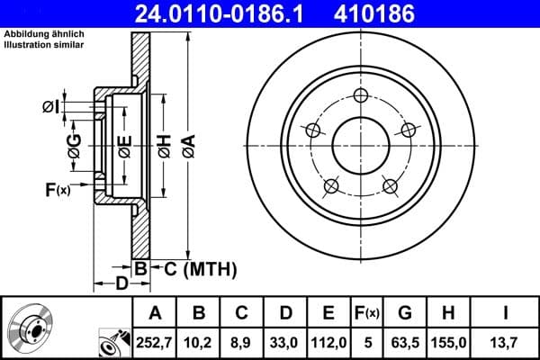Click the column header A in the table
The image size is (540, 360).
pos(155,312)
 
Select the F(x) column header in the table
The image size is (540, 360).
pos(367,312)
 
